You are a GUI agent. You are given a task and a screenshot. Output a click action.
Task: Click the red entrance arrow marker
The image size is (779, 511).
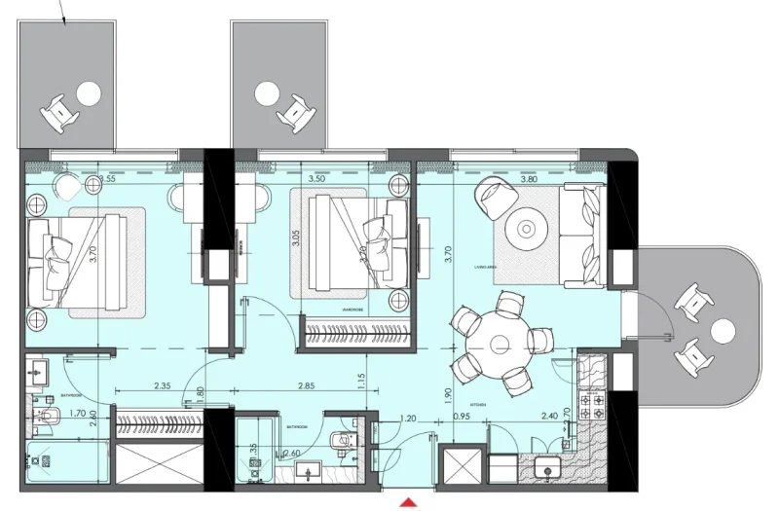tap(410, 501)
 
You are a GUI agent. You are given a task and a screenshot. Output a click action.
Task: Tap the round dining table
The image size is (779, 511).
tap(499, 343)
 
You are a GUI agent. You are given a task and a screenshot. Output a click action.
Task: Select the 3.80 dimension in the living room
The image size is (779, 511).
tap(529, 179)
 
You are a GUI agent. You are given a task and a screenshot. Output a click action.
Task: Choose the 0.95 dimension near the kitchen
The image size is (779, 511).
tap(463, 418)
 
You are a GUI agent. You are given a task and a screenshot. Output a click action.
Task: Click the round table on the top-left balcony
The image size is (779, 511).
tap(89, 94)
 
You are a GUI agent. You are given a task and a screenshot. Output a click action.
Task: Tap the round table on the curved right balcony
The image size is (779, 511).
tap(722, 331)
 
